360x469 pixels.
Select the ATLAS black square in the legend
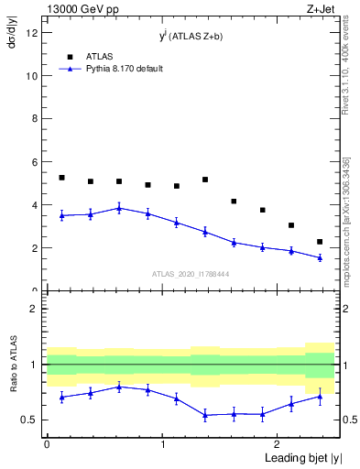point(70,57)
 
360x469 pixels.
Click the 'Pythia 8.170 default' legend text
point(125,69)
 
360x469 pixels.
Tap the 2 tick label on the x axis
point(278,443)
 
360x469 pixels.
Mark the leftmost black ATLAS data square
point(61,178)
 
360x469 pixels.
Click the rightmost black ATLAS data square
point(320,242)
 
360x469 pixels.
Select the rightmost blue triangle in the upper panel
point(320,257)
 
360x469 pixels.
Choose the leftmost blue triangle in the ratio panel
point(61,397)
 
